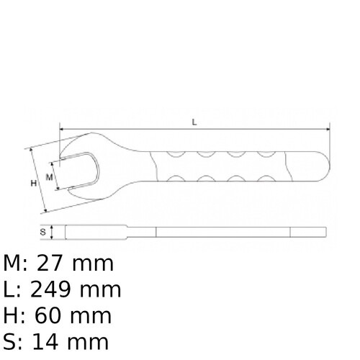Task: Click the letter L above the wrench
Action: (194, 122)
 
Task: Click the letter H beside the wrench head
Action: (33, 184)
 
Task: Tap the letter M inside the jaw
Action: (50, 176)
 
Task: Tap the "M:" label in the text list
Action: (16, 264)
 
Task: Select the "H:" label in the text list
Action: (15, 315)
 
